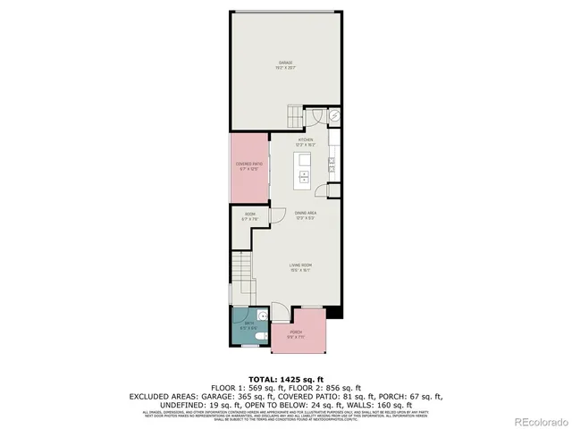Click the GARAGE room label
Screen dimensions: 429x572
(x=285, y=64)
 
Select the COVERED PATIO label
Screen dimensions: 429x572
(x=248, y=165)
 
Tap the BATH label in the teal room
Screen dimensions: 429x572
(x=248, y=325)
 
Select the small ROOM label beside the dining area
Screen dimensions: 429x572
(x=250, y=215)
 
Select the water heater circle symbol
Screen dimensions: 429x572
(x=334, y=115)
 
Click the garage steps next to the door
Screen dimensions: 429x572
(x=295, y=116)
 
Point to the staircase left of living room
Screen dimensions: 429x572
(x=240, y=266)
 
